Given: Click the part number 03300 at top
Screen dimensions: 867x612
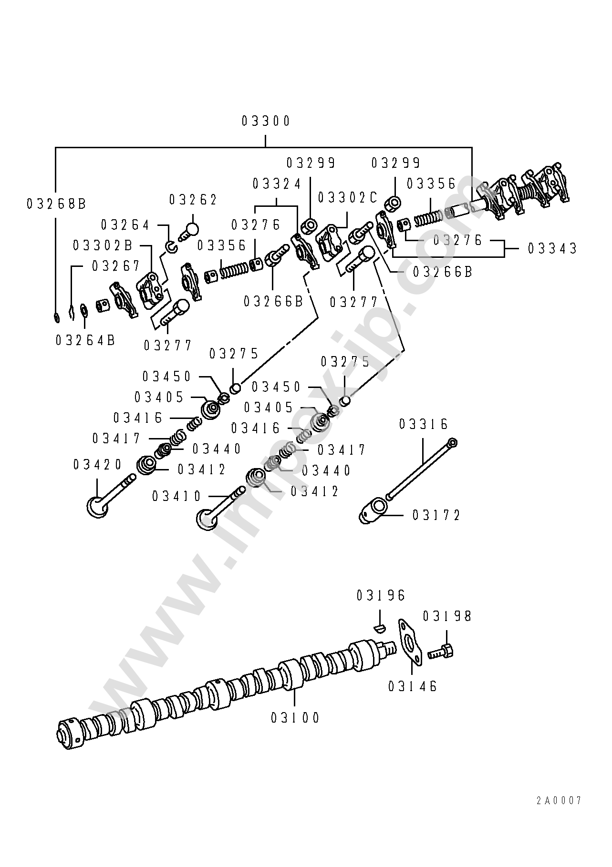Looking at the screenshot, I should [x=266, y=121].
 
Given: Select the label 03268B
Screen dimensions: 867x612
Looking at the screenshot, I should [x=56, y=204].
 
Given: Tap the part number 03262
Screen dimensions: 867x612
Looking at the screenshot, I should [x=193, y=200].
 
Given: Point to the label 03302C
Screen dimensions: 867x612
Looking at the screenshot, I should [x=347, y=197].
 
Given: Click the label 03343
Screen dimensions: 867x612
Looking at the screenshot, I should [x=552, y=248].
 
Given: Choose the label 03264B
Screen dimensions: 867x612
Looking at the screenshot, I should [x=85, y=340].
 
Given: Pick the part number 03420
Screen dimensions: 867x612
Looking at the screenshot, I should [x=98, y=464].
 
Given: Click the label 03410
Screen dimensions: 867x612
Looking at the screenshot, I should [x=176, y=496].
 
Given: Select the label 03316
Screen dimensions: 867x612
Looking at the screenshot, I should [x=423, y=424].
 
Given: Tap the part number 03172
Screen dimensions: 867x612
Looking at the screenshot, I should [x=436, y=515].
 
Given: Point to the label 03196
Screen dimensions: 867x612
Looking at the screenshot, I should [x=380, y=595].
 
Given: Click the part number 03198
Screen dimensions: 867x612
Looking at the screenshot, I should [x=447, y=616].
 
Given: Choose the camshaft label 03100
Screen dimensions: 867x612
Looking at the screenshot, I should [x=295, y=717].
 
